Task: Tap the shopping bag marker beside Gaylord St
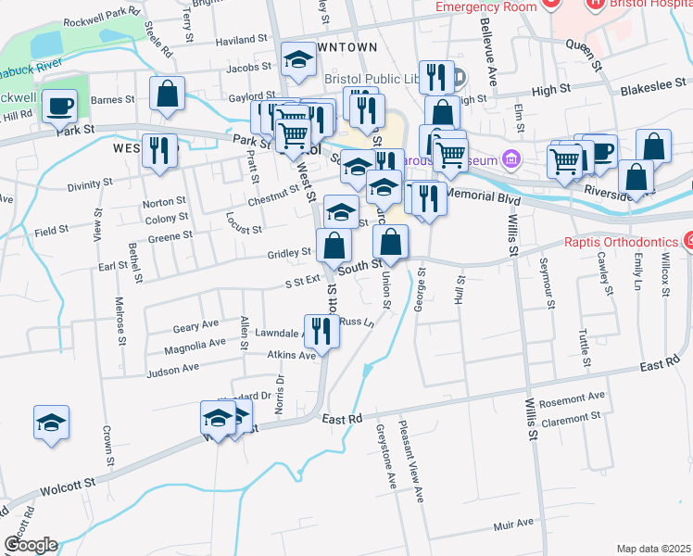pyautogui.click(x=167, y=94)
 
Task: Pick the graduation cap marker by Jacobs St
pyautogui.click(x=298, y=60)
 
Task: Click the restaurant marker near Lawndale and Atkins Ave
pyautogui.click(x=321, y=329)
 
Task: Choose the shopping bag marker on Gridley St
pyautogui.click(x=334, y=246)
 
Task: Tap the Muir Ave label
pyautogui.click(x=514, y=524)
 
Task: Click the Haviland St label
pyautogui.click(x=241, y=41)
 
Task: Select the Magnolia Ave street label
pyautogui.click(x=195, y=343)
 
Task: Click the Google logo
pyautogui.click(x=31, y=545)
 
